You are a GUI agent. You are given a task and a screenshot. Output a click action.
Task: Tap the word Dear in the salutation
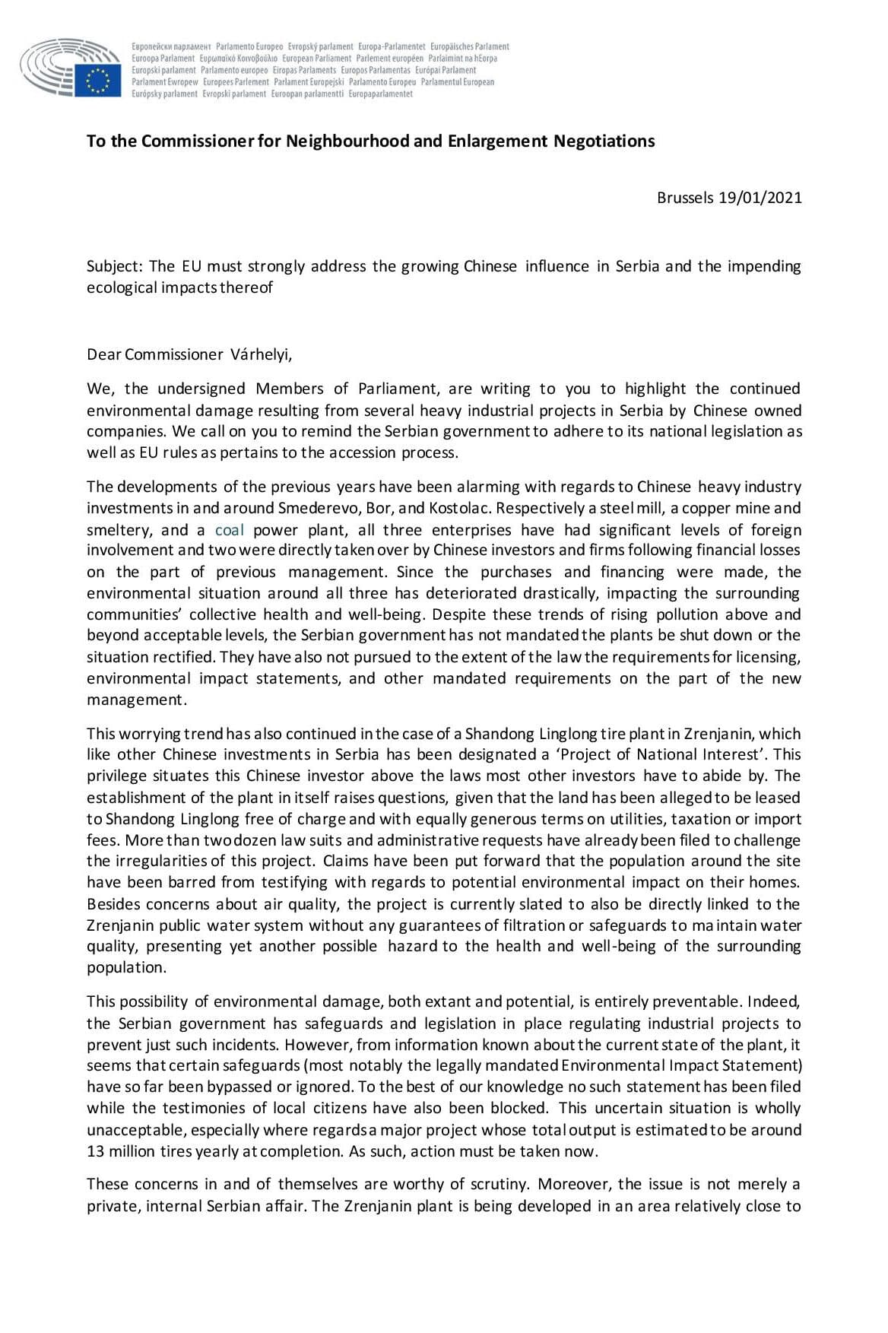(x=103, y=354)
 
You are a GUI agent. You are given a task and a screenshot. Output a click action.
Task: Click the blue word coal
(x=229, y=530)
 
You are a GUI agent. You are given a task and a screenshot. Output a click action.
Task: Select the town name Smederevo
(x=319, y=508)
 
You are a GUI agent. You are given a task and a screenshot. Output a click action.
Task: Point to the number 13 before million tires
(x=95, y=1151)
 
